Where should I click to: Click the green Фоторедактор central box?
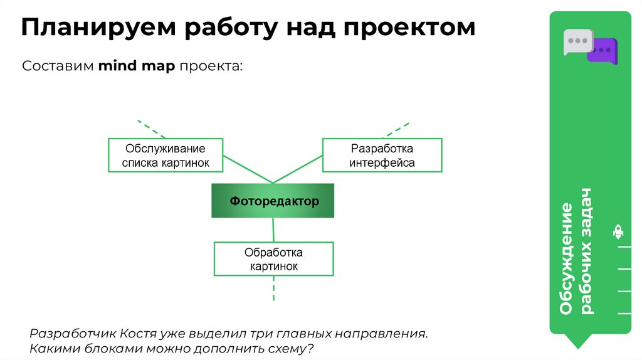coord(273,201)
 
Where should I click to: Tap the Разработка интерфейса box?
coord(382,156)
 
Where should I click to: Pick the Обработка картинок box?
coord(273,259)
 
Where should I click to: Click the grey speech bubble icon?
coord(577,41)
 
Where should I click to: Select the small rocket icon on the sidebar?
coord(618,232)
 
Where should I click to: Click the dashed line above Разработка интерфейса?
coord(397,129)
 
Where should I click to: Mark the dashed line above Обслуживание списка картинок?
coord(151,129)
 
